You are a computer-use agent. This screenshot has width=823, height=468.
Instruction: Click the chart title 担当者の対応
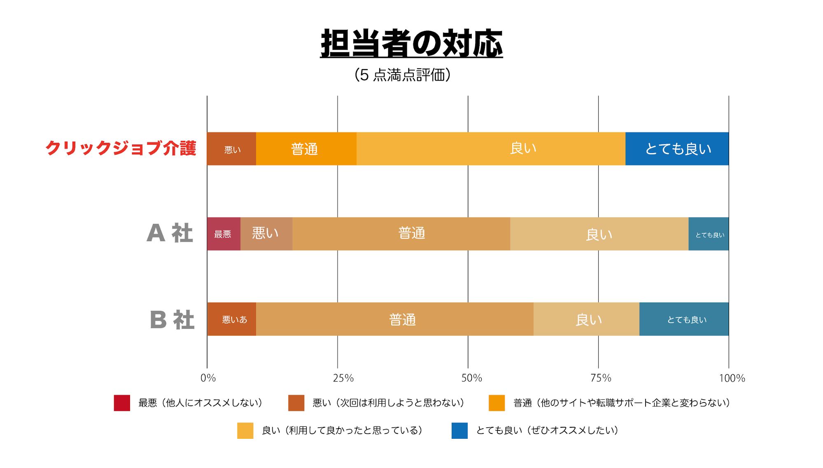click(x=411, y=44)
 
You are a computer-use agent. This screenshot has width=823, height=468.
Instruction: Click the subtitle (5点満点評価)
click(x=403, y=75)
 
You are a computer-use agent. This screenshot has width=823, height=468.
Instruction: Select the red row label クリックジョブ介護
click(x=121, y=148)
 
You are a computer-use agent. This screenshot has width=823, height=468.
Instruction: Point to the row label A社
click(x=170, y=233)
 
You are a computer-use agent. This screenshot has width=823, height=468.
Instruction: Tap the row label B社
click(x=172, y=320)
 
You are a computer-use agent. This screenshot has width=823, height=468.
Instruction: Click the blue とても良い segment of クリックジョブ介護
click(x=677, y=149)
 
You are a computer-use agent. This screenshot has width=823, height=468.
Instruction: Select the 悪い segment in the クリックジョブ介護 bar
click(x=232, y=149)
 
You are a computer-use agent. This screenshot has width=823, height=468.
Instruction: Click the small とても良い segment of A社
click(x=709, y=234)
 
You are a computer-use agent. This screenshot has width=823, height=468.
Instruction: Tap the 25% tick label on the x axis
click(x=343, y=378)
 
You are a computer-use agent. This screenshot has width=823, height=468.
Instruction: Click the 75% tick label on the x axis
click(x=601, y=378)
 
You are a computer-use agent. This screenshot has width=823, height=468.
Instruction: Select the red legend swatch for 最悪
click(x=122, y=403)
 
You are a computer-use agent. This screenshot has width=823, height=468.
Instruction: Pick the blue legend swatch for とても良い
click(x=459, y=431)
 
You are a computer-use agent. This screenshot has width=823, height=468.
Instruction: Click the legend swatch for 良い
click(x=245, y=431)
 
